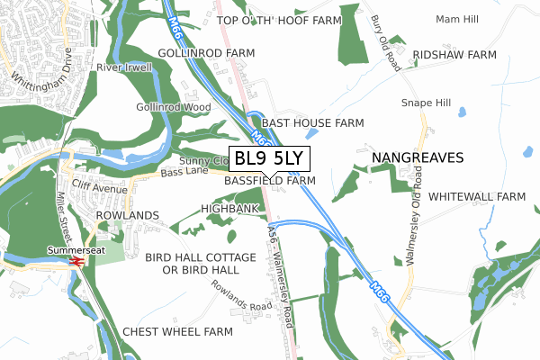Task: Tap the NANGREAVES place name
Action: click(418, 157)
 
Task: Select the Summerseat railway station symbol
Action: click(76, 262)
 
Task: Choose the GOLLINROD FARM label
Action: click(206, 54)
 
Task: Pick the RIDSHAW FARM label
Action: click(454, 55)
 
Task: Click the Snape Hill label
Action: click(425, 103)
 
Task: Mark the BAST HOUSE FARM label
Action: click(312, 122)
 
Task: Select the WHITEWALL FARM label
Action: click(476, 196)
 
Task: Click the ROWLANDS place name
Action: click(127, 216)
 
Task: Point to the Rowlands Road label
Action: click(242, 295)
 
